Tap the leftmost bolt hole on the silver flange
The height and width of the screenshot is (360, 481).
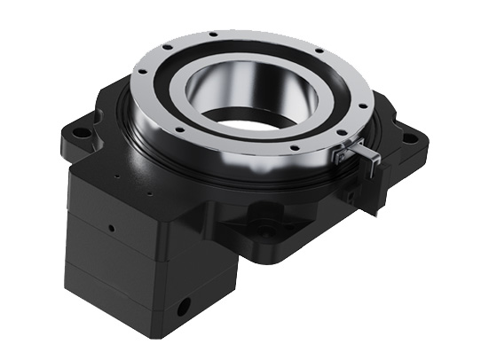(146, 86)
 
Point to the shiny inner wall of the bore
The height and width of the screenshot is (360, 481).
(266, 89)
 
